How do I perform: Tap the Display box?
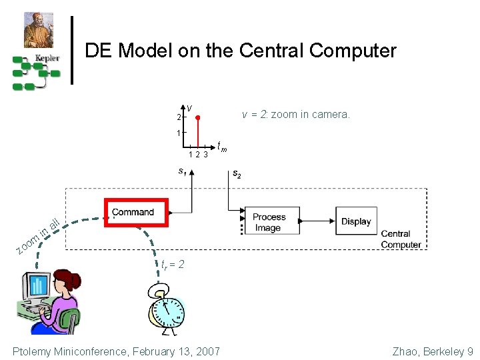tap(356, 221)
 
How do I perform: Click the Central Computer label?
tap(401, 239)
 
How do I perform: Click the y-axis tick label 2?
tap(178, 118)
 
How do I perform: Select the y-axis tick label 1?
tap(178, 133)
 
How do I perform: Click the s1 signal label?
tap(181, 171)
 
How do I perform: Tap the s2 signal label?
tap(237, 174)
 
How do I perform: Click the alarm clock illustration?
tap(167, 309)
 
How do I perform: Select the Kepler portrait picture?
tap(39, 30)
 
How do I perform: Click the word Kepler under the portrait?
tap(47, 58)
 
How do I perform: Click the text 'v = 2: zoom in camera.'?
tap(295, 115)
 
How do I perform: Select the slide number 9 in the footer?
tap(470, 351)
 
